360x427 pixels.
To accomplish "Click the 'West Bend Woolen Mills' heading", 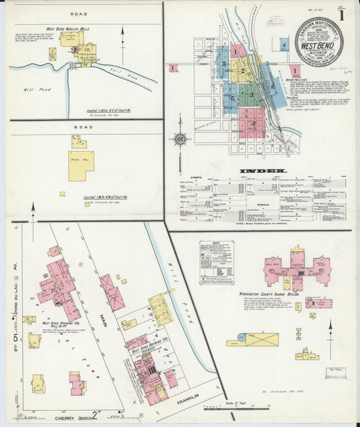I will tap(68, 29).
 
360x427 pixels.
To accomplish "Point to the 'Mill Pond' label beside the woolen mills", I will tap(33, 87).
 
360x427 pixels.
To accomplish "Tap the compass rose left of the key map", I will tap(180, 140).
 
